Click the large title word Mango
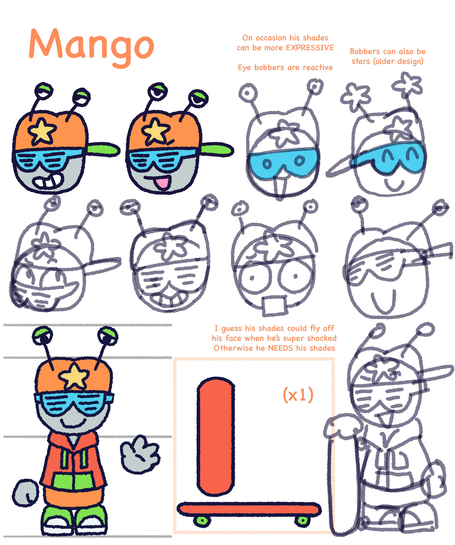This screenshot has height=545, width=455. point(92,47)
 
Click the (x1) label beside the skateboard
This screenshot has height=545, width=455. point(298,395)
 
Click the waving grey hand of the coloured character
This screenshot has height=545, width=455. point(140,453)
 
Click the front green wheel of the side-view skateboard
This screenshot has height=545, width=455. point(202,520)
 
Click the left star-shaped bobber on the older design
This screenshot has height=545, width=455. point(356,96)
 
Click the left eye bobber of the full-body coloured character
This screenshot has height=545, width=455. point(43,336)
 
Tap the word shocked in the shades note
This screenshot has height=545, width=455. point(322,338)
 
